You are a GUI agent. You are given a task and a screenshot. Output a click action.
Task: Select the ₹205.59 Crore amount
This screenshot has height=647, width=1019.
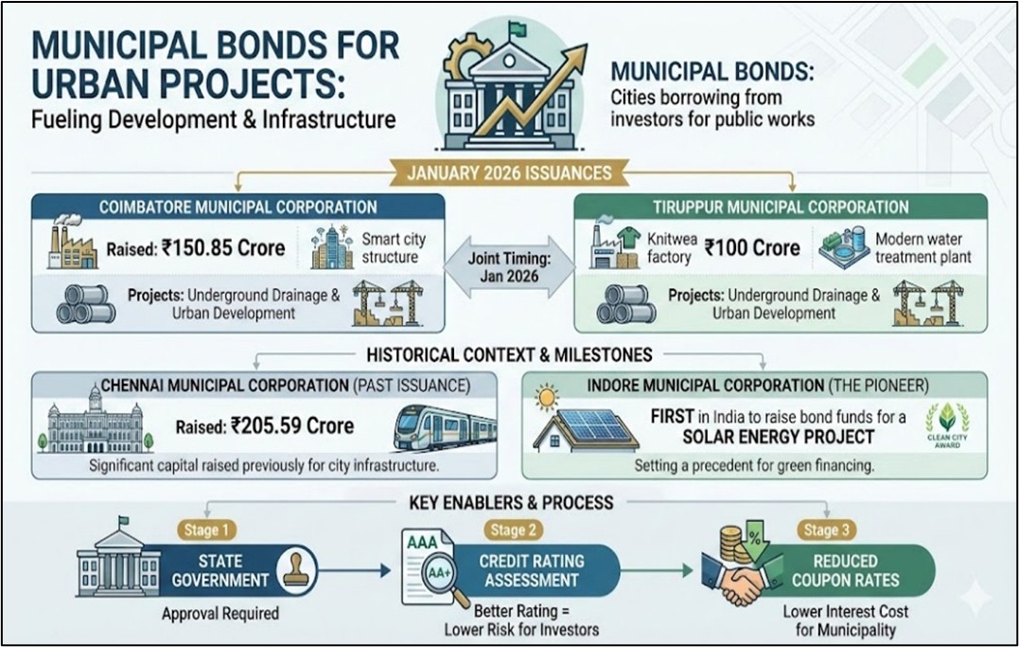tap(291, 426)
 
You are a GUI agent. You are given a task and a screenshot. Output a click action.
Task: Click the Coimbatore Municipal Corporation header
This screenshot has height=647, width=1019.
tap(237, 207)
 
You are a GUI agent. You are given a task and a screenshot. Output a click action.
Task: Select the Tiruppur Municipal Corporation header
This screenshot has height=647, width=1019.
tap(781, 207)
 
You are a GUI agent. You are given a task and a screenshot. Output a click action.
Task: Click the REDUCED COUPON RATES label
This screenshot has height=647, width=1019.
tap(845, 570)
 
